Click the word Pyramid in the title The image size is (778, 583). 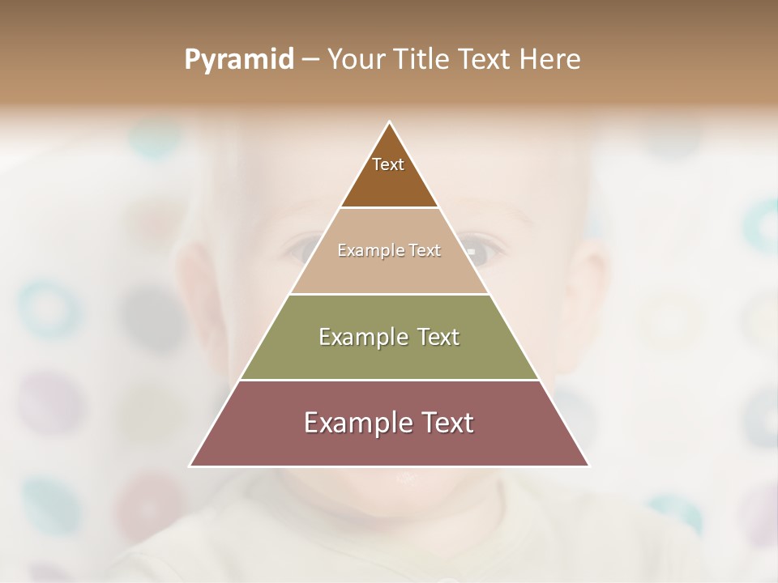pos(238,60)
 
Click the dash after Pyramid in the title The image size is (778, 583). pos(310,60)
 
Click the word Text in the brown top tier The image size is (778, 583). pos(388,164)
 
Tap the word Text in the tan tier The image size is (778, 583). pos(425,251)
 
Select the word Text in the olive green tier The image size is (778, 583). pos(438,337)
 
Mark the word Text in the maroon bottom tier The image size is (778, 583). pos(446,423)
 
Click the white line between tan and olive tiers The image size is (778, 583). pos(389,294)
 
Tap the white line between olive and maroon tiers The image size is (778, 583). pos(389,380)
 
